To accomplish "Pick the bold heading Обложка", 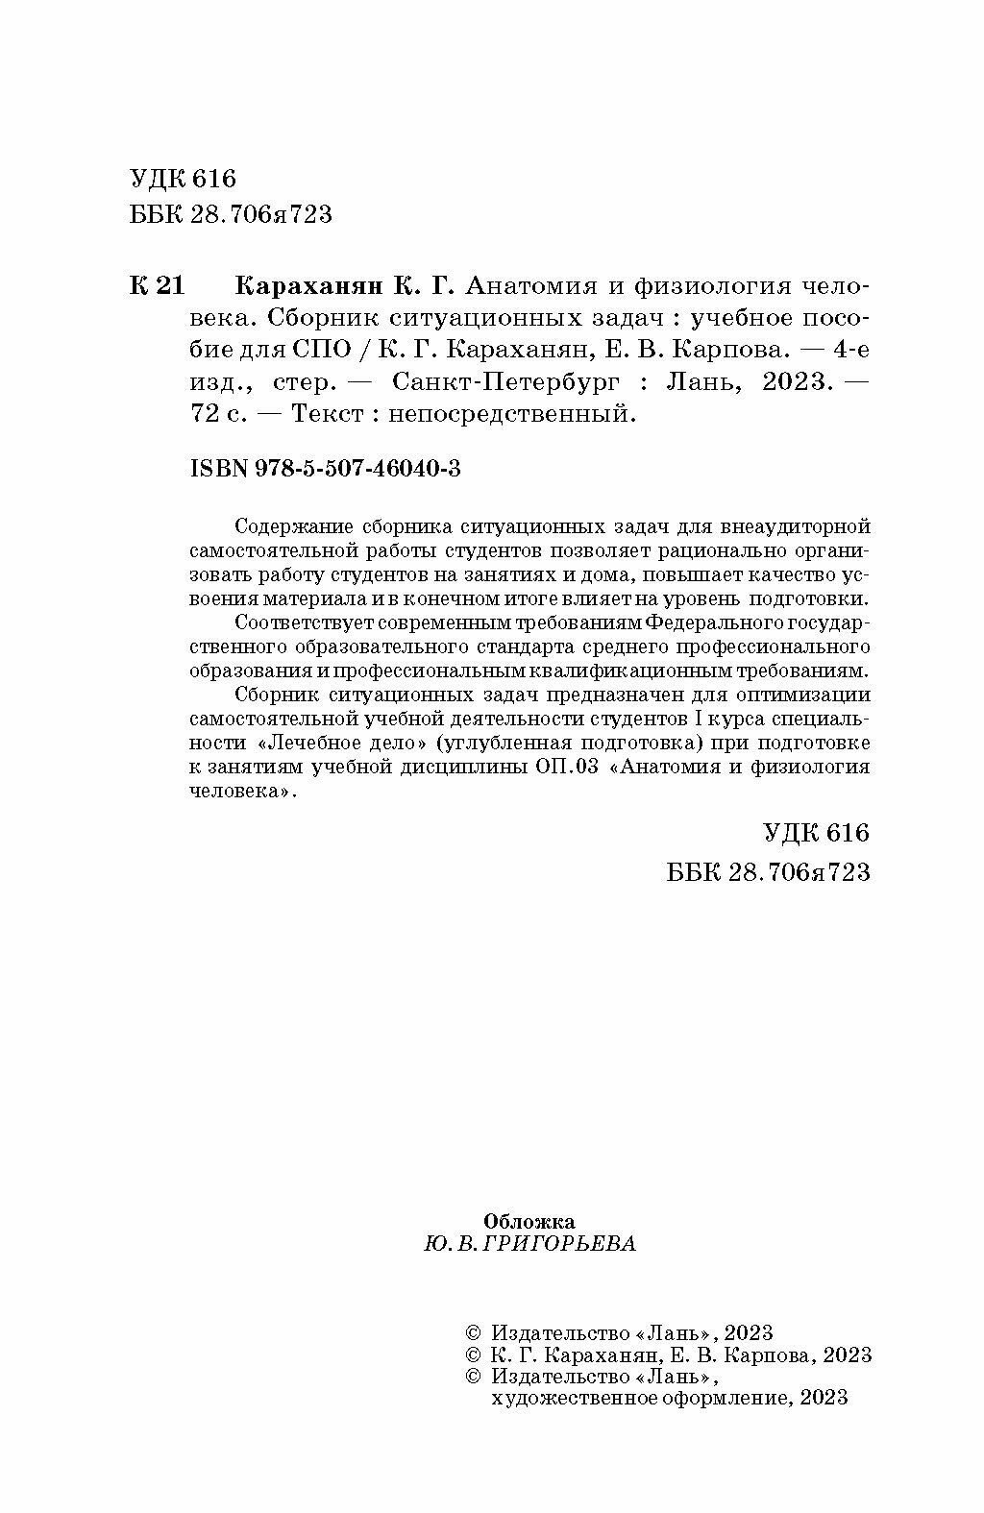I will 529,1222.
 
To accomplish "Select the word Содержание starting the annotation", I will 294,526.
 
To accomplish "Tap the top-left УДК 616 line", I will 182,179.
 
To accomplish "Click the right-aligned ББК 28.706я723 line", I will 767,871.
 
